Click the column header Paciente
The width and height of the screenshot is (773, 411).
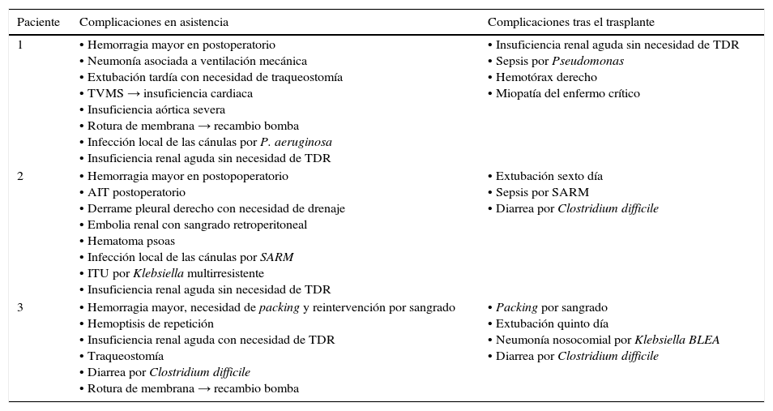click(38, 22)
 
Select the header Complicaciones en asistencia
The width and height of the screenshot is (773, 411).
click(154, 22)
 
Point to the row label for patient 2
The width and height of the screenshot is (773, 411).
click(20, 176)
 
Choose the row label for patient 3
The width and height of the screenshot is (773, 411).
click(20, 307)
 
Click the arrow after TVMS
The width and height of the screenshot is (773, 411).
click(134, 94)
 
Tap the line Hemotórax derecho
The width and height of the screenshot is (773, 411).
click(546, 77)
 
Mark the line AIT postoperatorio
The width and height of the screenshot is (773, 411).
click(136, 192)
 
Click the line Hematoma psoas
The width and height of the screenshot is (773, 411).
click(130, 241)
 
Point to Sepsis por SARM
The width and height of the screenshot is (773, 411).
click(542, 192)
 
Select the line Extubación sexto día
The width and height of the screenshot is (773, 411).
click(549, 176)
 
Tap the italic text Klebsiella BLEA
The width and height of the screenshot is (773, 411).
click(677, 340)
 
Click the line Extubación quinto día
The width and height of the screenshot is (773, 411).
click(552, 323)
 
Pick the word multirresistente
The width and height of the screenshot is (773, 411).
click(225, 273)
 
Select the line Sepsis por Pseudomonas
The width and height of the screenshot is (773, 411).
click(559, 62)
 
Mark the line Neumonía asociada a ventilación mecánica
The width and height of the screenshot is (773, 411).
click(196, 62)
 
